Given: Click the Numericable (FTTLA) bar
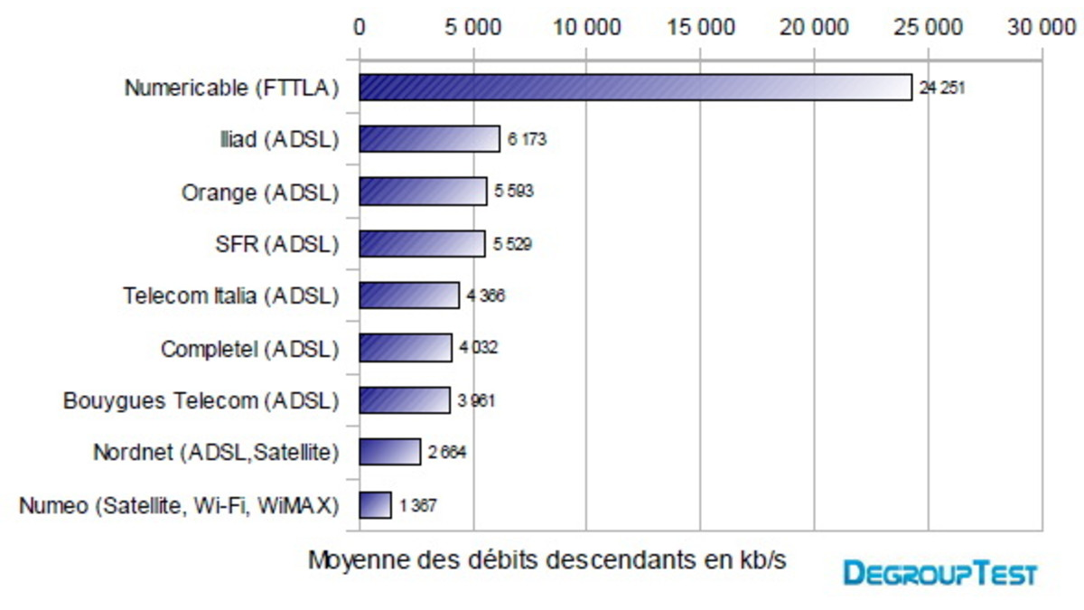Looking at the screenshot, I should click(x=635, y=88).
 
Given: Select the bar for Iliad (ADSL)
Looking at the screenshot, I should click(x=429, y=139).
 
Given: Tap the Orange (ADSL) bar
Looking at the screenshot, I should click(x=423, y=192).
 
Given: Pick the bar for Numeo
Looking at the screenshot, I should click(x=375, y=505).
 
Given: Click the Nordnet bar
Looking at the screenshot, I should click(x=389, y=452).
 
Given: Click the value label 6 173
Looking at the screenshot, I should click(x=528, y=140).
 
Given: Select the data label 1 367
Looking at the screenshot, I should click(x=418, y=506).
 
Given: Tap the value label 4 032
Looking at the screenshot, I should click(x=479, y=348).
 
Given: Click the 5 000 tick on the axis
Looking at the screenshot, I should click(x=472, y=28).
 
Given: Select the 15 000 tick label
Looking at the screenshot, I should click(x=700, y=28).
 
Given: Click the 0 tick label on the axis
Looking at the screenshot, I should click(x=360, y=28).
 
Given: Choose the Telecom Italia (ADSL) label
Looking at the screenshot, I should click(x=230, y=296).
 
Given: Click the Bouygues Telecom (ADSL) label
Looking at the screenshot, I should click(x=201, y=400).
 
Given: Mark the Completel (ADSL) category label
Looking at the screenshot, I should click(x=249, y=348).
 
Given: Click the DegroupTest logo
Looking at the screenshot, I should click(x=940, y=573).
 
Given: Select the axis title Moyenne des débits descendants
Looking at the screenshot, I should click(x=547, y=560).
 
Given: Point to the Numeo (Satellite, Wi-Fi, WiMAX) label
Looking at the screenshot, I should click(x=179, y=505).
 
